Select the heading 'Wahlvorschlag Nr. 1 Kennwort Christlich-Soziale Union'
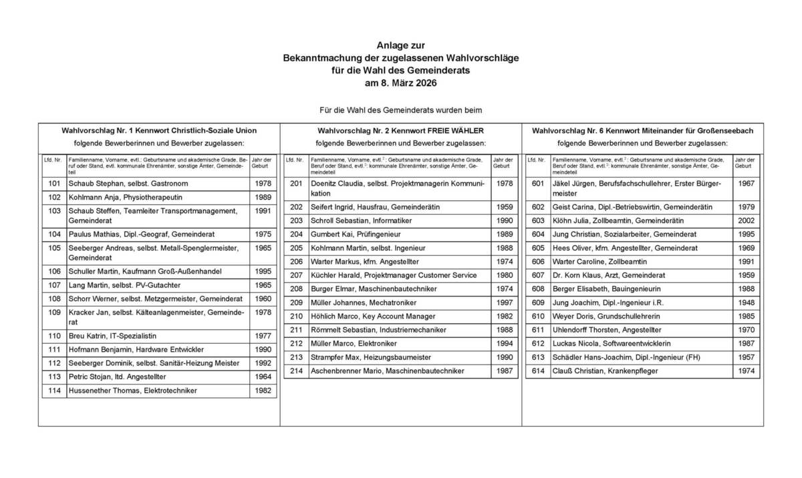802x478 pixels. pyautogui.click(x=159, y=131)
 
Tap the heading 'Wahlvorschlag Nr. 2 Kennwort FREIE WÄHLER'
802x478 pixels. pyautogui.click(x=401, y=131)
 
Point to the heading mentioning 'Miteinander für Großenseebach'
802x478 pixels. pyautogui.click(x=642, y=131)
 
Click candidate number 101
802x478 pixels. pyautogui.click(x=54, y=184)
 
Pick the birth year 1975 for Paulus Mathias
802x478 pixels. pyautogui.click(x=263, y=234)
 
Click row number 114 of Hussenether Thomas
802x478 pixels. pyautogui.click(x=54, y=391)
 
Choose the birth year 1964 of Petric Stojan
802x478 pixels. pyautogui.click(x=263, y=377)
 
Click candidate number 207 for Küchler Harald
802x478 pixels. pyautogui.click(x=296, y=275)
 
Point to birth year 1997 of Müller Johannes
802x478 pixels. pyautogui.click(x=505, y=302)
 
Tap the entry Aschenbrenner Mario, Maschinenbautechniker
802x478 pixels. pyautogui.click(x=387, y=371)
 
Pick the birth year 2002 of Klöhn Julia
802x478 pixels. pyautogui.click(x=747, y=221)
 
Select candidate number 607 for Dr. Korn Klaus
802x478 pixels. pyautogui.click(x=538, y=275)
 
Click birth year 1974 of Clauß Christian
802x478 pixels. pyautogui.click(x=747, y=371)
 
